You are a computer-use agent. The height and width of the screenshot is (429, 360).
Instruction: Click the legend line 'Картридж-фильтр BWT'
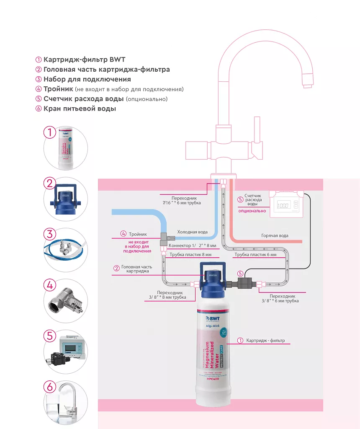point(84,59)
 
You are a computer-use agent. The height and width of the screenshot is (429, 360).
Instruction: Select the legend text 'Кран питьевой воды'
point(80,109)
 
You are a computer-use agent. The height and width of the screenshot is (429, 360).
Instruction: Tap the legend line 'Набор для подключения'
point(87,79)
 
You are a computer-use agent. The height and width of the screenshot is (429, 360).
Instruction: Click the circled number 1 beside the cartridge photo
point(50,133)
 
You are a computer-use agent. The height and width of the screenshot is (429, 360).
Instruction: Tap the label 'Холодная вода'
point(192,232)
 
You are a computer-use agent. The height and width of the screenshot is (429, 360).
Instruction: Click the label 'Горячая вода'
point(275,236)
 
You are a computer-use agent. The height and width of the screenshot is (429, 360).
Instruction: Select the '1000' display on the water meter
point(283,206)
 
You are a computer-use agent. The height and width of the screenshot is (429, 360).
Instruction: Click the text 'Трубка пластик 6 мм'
point(255,255)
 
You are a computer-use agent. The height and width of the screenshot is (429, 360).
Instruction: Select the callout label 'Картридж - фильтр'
point(265,341)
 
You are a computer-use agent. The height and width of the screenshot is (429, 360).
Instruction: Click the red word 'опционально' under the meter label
point(252,211)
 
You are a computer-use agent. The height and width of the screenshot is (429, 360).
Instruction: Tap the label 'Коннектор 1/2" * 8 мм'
point(192,246)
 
